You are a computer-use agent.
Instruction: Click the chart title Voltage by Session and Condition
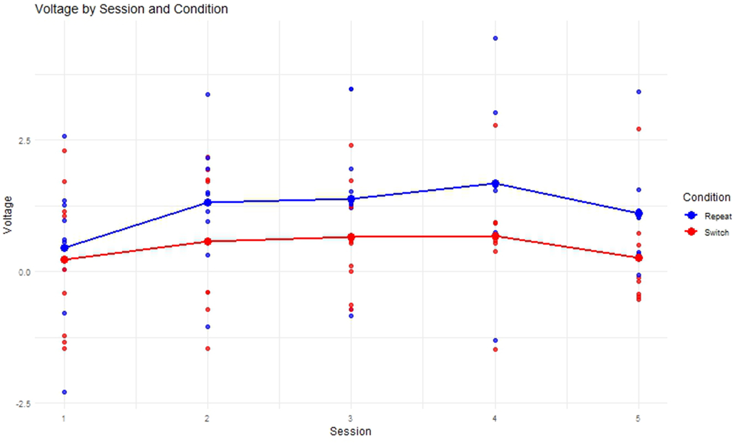[x=131, y=9]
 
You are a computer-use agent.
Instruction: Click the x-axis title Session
[x=350, y=431]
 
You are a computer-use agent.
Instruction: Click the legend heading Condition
[x=706, y=198]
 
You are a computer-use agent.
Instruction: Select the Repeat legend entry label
[x=717, y=216]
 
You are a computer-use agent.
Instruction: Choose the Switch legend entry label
[x=716, y=233]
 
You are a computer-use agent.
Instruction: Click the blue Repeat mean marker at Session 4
[x=495, y=183]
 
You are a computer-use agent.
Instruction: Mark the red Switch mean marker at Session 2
[x=208, y=241]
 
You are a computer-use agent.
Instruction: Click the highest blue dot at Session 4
[x=495, y=38]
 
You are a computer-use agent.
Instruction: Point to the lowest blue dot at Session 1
[x=64, y=392]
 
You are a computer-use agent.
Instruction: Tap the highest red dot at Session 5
[x=639, y=129]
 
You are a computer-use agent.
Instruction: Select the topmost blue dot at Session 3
[x=351, y=89]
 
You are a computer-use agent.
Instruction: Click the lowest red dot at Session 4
[x=495, y=349]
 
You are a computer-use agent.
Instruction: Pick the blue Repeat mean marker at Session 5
[x=639, y=213]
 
